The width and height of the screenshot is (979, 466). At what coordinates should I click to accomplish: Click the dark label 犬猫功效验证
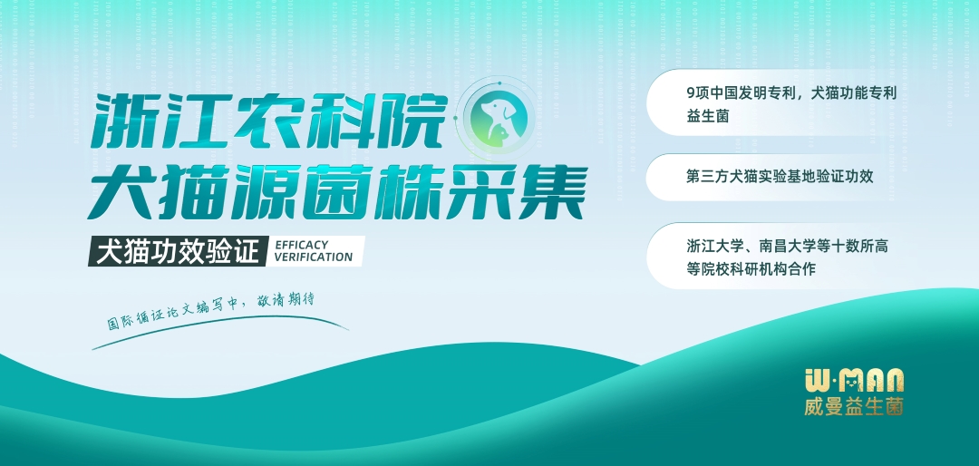coord(178,252)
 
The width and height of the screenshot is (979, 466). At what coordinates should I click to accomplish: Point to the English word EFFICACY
coord(302,245)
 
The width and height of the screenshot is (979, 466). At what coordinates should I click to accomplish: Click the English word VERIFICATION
coord(314,257)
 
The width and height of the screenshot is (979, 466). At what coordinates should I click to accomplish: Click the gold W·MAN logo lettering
coord(854,379)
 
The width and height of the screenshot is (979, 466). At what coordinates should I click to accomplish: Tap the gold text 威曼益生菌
coord(854,407)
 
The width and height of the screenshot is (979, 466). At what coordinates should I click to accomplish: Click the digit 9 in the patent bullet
coord(691,94)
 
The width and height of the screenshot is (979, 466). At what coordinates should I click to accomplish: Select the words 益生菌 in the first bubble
coord(707,116)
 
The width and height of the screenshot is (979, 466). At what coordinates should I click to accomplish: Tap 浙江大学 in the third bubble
coord(715,246)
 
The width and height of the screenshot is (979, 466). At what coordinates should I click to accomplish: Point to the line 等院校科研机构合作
coord(751,269)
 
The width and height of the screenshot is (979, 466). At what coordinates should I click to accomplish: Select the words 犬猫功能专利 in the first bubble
coord(854,94)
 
